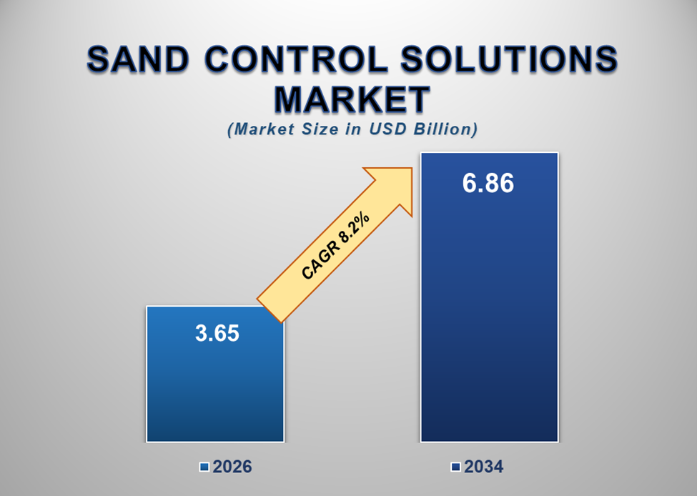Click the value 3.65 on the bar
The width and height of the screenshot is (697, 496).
217,333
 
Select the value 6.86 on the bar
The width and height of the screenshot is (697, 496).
488,184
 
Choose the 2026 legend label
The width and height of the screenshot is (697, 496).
232,467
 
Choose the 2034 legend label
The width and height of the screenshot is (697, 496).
484,467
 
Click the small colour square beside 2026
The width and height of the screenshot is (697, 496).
204,467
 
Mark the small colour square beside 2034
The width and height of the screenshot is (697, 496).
455,467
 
